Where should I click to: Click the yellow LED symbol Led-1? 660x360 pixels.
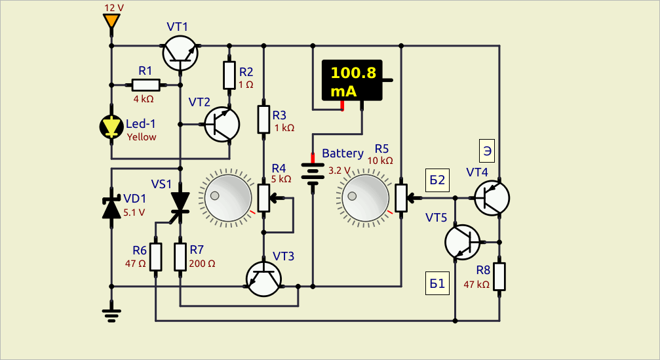coord(111,127)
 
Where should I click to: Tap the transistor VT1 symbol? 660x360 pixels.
coord(180,53)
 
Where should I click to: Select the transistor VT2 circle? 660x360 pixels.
coord(222,125)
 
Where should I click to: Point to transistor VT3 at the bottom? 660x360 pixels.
coord(264,279)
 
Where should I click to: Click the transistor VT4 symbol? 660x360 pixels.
coord(492,197)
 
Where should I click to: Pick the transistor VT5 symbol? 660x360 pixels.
coord(463,242)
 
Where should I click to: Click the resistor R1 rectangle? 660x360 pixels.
coord(146,85)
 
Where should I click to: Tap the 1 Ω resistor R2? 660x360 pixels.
coord(229,75)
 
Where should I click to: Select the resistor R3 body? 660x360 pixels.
coord(264,119)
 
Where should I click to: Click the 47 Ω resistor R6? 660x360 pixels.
coord(156,257)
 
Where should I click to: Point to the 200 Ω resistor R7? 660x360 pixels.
coord(180,257)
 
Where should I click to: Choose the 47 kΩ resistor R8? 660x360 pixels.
coord(499,277)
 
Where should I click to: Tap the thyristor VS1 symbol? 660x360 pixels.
coord(180,202)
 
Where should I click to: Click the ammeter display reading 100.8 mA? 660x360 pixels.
coord(353,81)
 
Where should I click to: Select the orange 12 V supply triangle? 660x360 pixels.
coord(111,20)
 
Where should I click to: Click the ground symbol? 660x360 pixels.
coord(111,315)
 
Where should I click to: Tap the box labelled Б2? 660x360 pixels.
coord(437,180)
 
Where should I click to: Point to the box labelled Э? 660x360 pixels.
coord(487,151)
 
